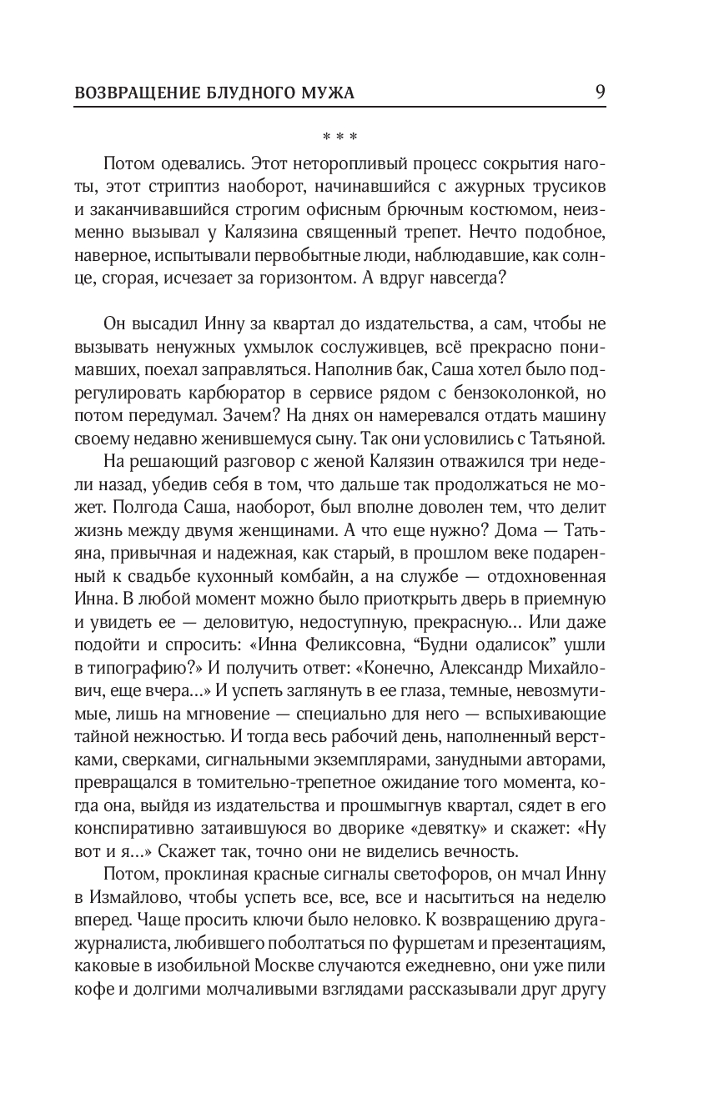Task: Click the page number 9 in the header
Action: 600,91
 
